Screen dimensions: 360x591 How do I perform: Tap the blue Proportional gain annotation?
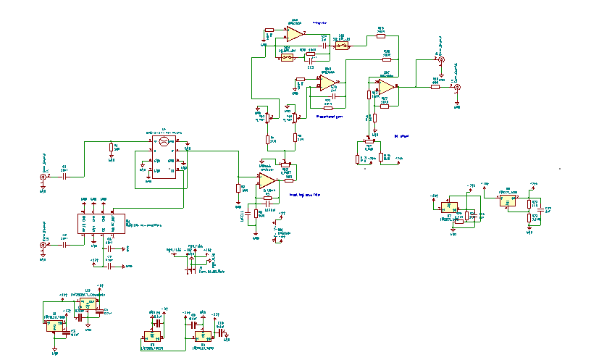[330, 114]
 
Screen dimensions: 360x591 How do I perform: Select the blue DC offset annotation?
[401, 135]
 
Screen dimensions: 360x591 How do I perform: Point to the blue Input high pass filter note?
[305, 195]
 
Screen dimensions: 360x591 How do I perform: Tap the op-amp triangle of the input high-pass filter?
[267, 179]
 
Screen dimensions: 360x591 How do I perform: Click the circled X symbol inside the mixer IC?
[164, 143]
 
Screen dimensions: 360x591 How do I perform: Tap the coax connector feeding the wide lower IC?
[43, 245]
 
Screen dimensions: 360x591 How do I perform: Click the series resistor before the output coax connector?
[436, 85]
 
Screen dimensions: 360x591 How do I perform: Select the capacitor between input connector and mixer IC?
[64, 176]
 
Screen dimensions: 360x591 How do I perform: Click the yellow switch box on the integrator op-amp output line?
[342, 46]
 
